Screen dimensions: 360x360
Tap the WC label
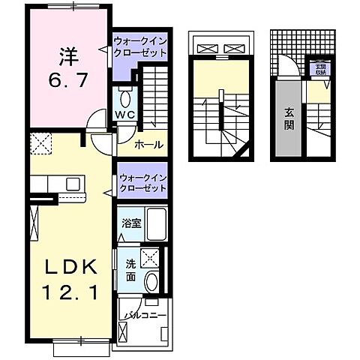point(124,114)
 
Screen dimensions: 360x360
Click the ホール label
point(148,145)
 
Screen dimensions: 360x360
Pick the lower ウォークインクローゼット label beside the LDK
point(141,181)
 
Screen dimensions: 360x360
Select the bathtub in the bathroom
point(156,223)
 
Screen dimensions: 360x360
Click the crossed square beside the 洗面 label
point(151,258)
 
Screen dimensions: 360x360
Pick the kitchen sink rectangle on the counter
point(74,184)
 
